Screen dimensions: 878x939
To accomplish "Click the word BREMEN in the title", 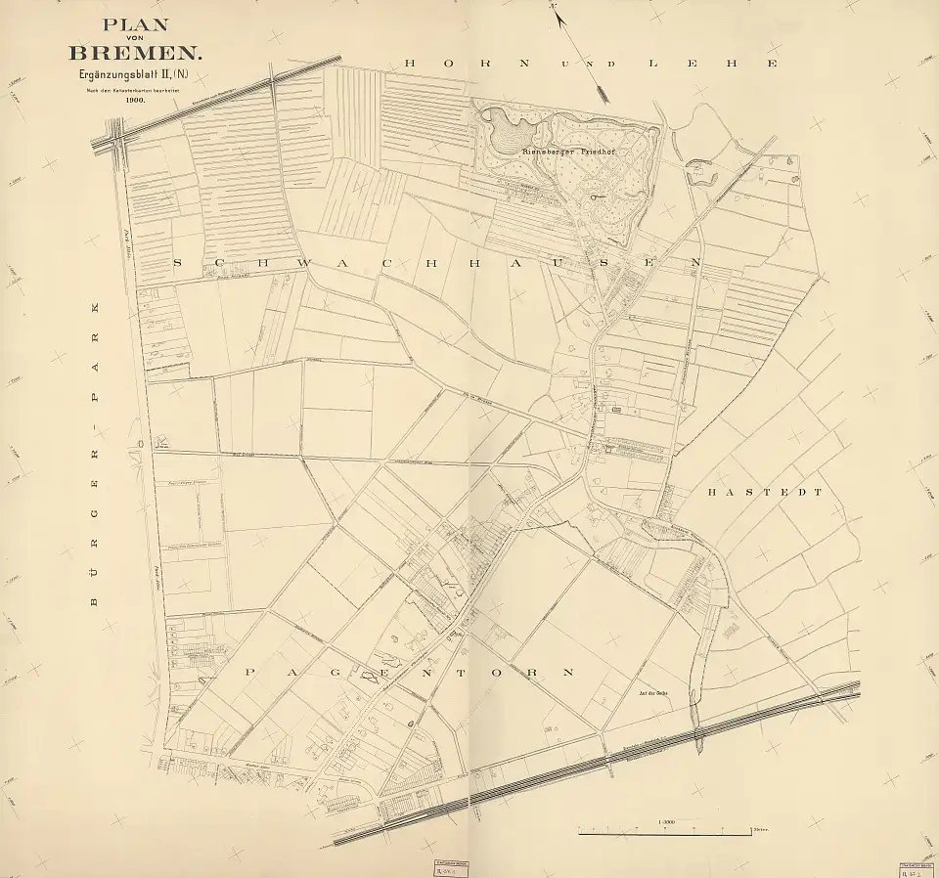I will (133, 50).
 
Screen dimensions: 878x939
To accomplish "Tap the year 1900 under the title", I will (134, 100).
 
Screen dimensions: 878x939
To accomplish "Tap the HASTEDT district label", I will (765, 494).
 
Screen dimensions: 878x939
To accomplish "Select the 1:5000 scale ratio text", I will (667, 822).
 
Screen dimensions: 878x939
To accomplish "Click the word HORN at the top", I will (468, 64).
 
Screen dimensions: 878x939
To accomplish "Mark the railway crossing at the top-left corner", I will (115, 133).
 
